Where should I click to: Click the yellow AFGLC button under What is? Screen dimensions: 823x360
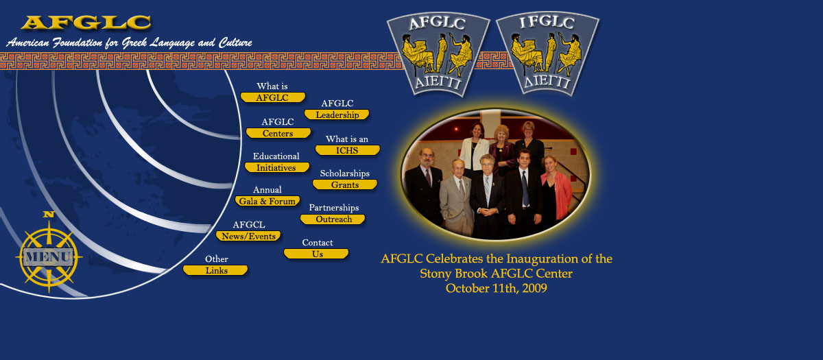(273, 97)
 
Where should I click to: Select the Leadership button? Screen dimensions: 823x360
(337, 115)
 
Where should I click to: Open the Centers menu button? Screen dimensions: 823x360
(278, 133)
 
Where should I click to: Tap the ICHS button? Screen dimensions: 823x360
(348, 150)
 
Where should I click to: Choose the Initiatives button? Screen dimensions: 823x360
(277, 167)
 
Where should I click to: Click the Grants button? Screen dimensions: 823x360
(345, 184)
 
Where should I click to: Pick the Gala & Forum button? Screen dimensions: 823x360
(267, 201)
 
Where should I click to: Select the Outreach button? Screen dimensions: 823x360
(333, 219)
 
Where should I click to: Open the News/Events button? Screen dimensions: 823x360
(248, 236)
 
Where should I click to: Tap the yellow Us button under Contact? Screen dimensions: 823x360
(316, 254)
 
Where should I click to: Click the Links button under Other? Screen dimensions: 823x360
(215, 270)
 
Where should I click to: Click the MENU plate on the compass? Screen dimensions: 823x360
(48, 256)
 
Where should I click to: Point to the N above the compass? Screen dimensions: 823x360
(49, 214)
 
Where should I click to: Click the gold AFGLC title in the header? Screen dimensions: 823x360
(86, 23)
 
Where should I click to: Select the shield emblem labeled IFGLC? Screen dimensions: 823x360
(547, 54)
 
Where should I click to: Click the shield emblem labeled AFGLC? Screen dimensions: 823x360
(438, 54)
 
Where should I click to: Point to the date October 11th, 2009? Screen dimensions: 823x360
(497, 289)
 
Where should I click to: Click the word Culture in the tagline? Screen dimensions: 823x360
(235, 43)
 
